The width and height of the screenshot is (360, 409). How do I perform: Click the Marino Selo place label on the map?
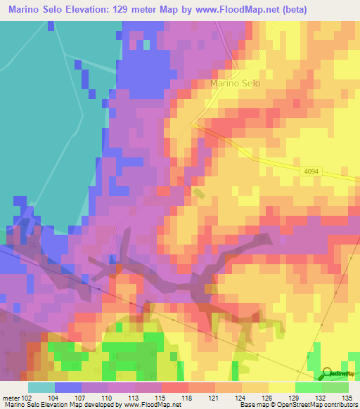(x=235, y=83)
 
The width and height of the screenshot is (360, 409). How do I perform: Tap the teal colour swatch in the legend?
(x=41, y=387)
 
